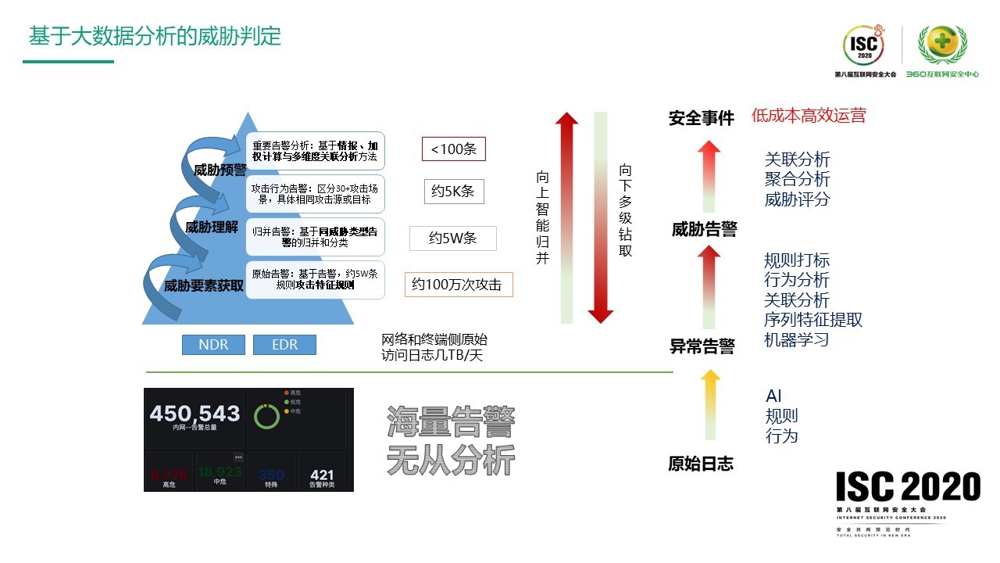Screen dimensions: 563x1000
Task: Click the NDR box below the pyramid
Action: pyautogui.click(x=213, y=345)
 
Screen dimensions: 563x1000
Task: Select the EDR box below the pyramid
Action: pyautogui.click(x=284, y=345)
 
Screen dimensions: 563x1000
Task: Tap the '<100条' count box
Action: pyautogui.click(x=453, y=149)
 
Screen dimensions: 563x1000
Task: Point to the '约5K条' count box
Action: pyautogui.click(x=453, y=192)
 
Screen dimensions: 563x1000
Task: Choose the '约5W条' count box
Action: pyautogui.click(x=452, y=238)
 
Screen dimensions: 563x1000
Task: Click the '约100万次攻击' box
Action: pyautogui.click(x=459, y=285)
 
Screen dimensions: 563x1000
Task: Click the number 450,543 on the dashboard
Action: pyautogui.click(x=195, y=414)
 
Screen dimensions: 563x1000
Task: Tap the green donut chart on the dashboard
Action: pyautogui.click(x=267, y=416)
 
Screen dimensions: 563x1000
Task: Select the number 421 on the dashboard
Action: pyautogui.click(x=322, y=475)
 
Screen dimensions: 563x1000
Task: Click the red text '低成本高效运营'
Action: pyautogui.click(x=809, y=116)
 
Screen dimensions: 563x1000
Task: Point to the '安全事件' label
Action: pyautogui.click(x=702, y=118)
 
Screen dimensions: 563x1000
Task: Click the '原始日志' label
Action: pyautogui.click(x=701, y=464)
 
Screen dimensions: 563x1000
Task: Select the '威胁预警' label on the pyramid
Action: pyautogui.click(x=220, y=170)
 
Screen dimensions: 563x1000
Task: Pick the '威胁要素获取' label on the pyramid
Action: pyautogui.click(x=204, y=286)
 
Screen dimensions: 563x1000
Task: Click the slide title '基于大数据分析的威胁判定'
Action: pyautogui.click(x=155, y=36)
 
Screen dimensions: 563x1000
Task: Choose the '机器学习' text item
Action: pyautogui.click(x=796, y=340)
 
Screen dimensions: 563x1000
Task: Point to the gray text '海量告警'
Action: pyautogui.click(x=451, y=423)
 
